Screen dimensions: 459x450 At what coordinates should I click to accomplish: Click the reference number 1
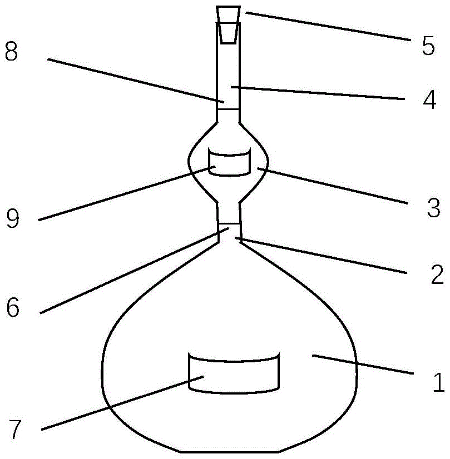click(x=438, y=382)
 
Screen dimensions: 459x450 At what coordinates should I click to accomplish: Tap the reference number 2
click(x=437, y=274)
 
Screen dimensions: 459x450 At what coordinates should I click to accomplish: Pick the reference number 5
click(x=428, y=46)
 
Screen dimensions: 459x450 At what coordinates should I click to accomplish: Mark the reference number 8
click(x=12, y=52)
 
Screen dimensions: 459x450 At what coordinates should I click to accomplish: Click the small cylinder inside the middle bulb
click(x=229, y=162)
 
